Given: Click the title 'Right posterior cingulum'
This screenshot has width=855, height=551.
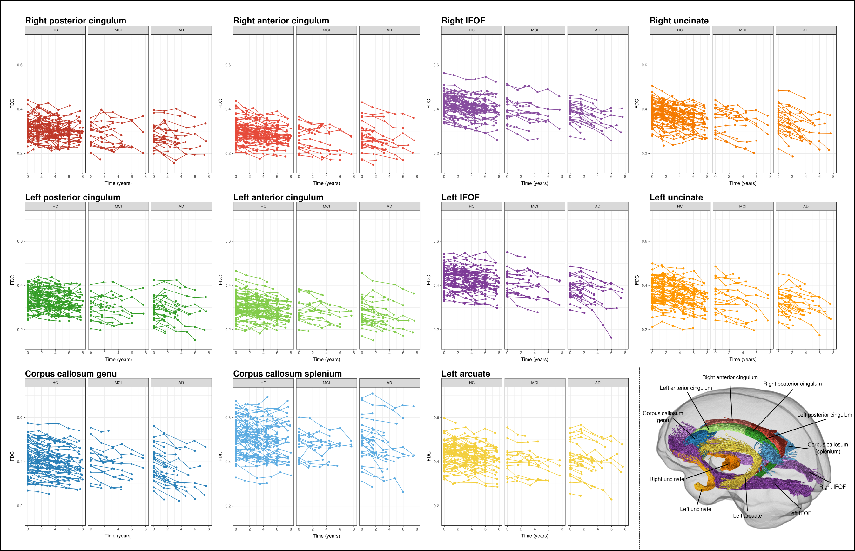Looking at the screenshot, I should click(x=76, y=21).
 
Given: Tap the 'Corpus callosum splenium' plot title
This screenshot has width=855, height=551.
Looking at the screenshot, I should click(x=287, y=374).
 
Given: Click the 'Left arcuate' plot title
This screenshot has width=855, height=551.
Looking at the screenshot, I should click(x=466, y=374).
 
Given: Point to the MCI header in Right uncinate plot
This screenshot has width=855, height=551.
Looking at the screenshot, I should click(x=743, y=30).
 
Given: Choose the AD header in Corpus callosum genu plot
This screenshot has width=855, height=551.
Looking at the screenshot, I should click(x=181, y=383).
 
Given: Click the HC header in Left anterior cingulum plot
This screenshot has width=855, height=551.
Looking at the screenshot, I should click(x=263, y=207).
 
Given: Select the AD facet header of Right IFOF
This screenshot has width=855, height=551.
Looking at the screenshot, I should click(x=597, y=30).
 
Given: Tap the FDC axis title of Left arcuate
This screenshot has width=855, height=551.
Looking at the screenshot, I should click(x=429, y=456).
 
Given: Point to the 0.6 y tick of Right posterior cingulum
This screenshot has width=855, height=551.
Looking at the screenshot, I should click(x=20, y=65).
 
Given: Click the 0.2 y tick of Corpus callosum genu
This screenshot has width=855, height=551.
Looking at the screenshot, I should click(x=20, y=506).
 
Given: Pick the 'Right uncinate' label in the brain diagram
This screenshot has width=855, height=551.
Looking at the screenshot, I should click(x=667, y=479).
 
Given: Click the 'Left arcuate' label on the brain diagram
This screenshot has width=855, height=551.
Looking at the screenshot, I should click(x=747, y=515).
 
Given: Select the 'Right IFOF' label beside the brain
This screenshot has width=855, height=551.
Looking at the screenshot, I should click(x=832, y=487).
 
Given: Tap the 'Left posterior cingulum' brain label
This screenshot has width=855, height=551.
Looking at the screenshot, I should click(x=824, y=415).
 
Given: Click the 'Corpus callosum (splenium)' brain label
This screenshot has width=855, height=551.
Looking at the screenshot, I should click(x=827, y=448).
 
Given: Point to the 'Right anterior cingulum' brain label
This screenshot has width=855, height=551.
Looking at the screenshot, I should click(x=730, y=377).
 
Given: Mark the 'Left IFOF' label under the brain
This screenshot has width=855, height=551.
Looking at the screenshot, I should click(x=799, y=513).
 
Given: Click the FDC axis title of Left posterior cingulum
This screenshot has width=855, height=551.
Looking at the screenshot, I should click(x=12, y=280).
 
